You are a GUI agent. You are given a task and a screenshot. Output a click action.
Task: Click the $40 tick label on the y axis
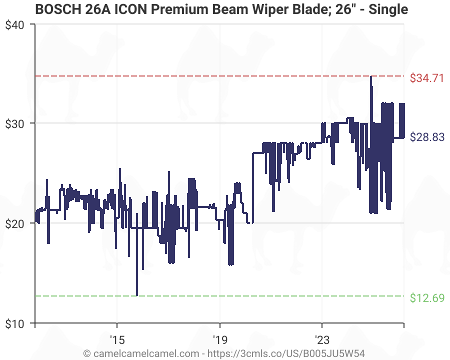click(x=16, y=25)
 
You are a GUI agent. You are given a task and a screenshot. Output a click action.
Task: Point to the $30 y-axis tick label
click(x=16, y=123)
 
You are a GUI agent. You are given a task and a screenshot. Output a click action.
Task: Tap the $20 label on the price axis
click(x=16, y=223)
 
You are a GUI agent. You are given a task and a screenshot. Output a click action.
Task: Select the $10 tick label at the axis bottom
click(x=16, y=323)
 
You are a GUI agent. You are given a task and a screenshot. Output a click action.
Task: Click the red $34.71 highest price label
click(x=426, y=78)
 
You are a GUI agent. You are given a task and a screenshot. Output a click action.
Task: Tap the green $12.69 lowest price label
click(x=426, y=298)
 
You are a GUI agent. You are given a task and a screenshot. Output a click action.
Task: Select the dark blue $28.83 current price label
click(x=426, y=137)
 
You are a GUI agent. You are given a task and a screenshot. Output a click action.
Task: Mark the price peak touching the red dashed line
click(x=370, y=77)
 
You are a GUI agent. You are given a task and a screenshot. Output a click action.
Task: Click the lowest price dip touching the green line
click(x=137, y=295)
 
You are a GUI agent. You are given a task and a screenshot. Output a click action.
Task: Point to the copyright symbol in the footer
click(x=87, y=353)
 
